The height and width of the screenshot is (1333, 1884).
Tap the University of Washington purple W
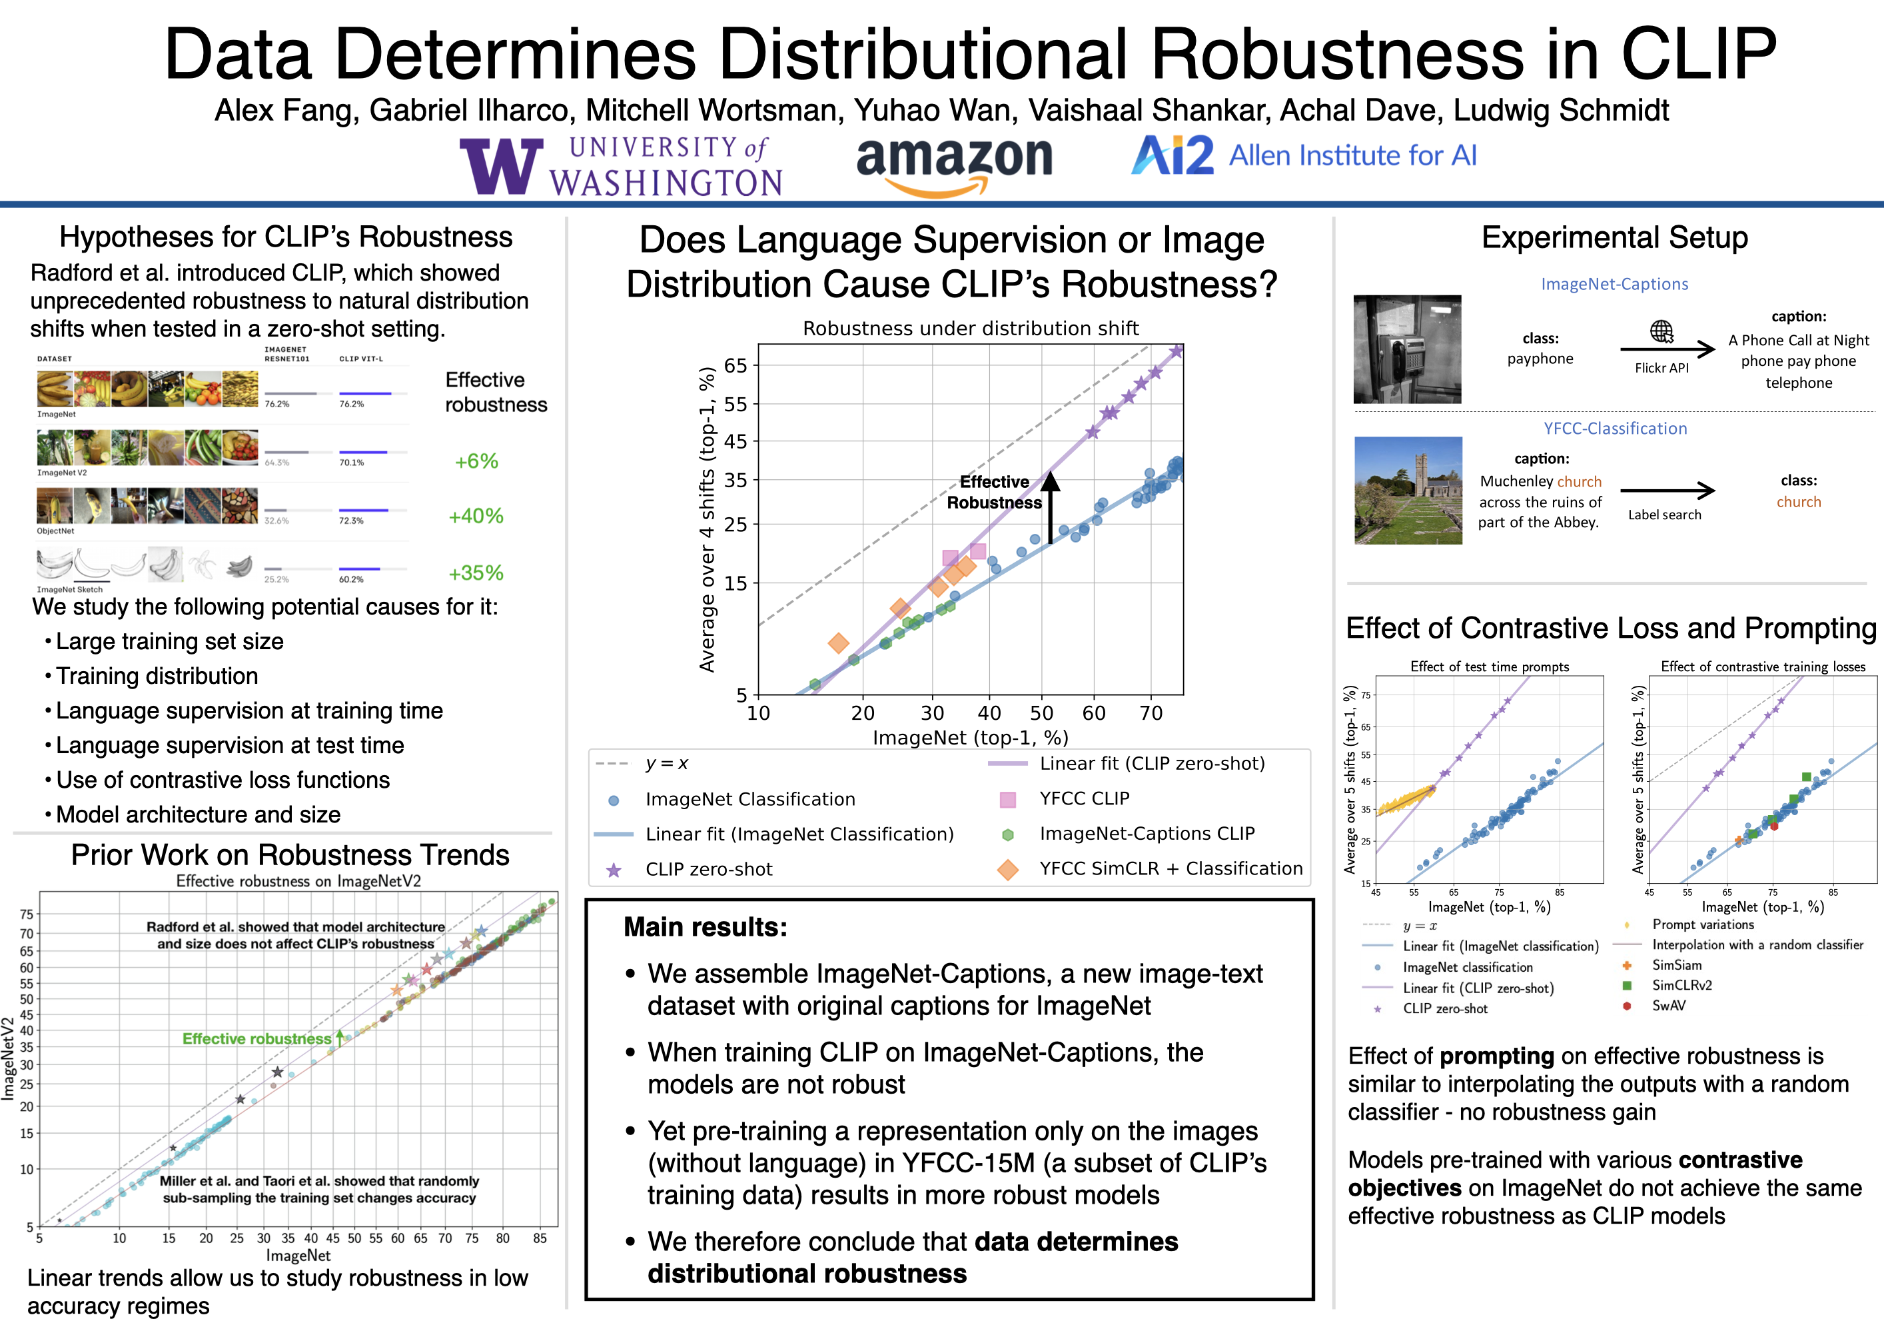tap(500, 166)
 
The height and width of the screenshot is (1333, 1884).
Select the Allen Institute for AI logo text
tap(1352, 155)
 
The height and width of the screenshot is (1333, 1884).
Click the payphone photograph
tap(1406, 349)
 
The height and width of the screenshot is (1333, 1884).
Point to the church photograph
tap(1407, 490)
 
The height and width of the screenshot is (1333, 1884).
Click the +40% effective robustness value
tap(475, 517)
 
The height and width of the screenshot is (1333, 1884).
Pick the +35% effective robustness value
tap(475, 573)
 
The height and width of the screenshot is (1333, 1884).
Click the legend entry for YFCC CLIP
tap(1084, 798)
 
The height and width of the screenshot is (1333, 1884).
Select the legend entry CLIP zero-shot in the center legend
tap(708, 869)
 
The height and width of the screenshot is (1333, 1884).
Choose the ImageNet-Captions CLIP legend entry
tap(1147, 834)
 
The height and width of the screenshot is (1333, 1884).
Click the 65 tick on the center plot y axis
tap(735, 365)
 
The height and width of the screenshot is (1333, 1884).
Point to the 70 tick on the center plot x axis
tap(1151, 713)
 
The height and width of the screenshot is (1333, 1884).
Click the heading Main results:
tap(705, 926)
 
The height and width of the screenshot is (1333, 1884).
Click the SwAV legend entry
tap(1668, 1006)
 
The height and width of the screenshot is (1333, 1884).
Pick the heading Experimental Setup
tap(1614, 237)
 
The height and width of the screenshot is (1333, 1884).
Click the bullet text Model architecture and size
tap(198, 814)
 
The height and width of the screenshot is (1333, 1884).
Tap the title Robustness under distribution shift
tap(970, 329)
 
